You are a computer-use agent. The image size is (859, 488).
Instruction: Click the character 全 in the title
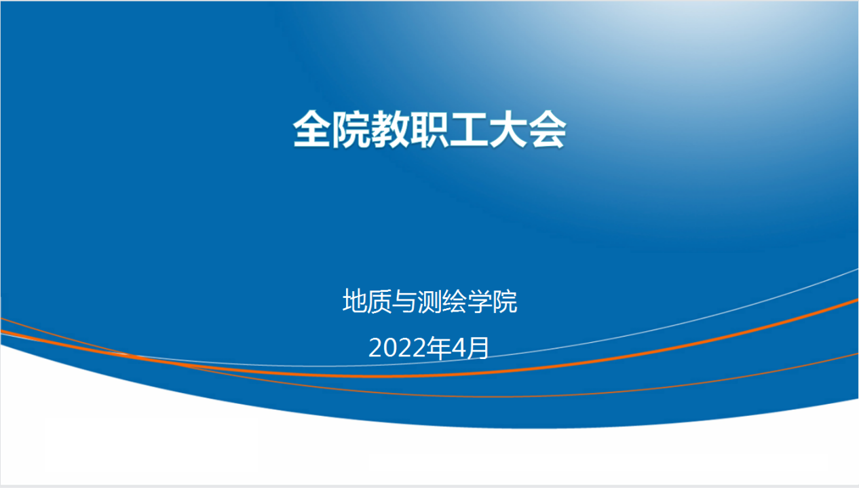[311, 129]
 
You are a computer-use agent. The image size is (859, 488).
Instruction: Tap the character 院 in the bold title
[351, 129]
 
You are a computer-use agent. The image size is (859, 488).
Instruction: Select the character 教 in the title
[390, 129]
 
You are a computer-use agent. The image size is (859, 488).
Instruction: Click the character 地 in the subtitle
[355, 301]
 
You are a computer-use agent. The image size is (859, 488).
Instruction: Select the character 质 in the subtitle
[380, 301]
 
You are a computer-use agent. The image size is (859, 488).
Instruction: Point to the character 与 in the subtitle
[404, 301]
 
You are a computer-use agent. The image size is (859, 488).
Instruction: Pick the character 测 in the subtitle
[429, 301]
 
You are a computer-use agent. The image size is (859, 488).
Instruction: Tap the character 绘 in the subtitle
[455, 301]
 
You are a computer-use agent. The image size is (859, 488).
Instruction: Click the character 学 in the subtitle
[479, 301]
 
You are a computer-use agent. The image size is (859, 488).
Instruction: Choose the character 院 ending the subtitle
[504, 301]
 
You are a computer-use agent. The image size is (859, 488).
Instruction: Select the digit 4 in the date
[459, 348]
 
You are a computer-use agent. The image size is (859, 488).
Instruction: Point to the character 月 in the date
[478, 348]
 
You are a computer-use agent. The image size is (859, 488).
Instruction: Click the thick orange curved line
[429, 376]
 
